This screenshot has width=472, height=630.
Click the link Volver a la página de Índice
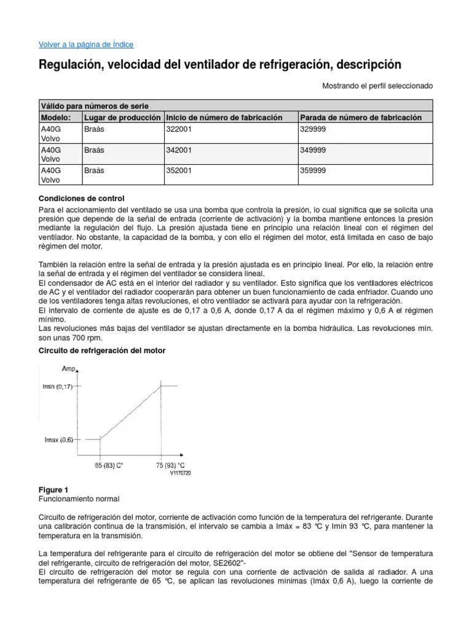pyautogui.click(x=86, y=44)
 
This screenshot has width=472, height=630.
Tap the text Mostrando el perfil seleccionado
pyautogui.click(x=377, y=86)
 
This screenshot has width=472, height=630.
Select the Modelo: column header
pyautogui.click(x=56, y=118)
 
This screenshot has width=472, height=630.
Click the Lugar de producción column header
pyautogui.click(x=122, y=118)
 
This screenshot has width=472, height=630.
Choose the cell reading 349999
pyautogui.click(x=313, y=150)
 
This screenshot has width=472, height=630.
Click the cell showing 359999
pyautogui.click(x=313, y=170)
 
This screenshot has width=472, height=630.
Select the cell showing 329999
pyautogui.click(x=313, y=129)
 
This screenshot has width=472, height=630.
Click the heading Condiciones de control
pyautogui.click(x=81, y=198)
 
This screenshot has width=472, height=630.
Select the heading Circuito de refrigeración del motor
pyautogui.click(x=102, y=350)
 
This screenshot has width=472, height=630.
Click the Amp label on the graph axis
pyautogui.click(x=68, y=369)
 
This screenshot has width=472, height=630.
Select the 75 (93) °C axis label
pyautogui.click(x=170, y=466)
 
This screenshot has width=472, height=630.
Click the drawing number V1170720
pyautogui.click(x=181, y=473)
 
